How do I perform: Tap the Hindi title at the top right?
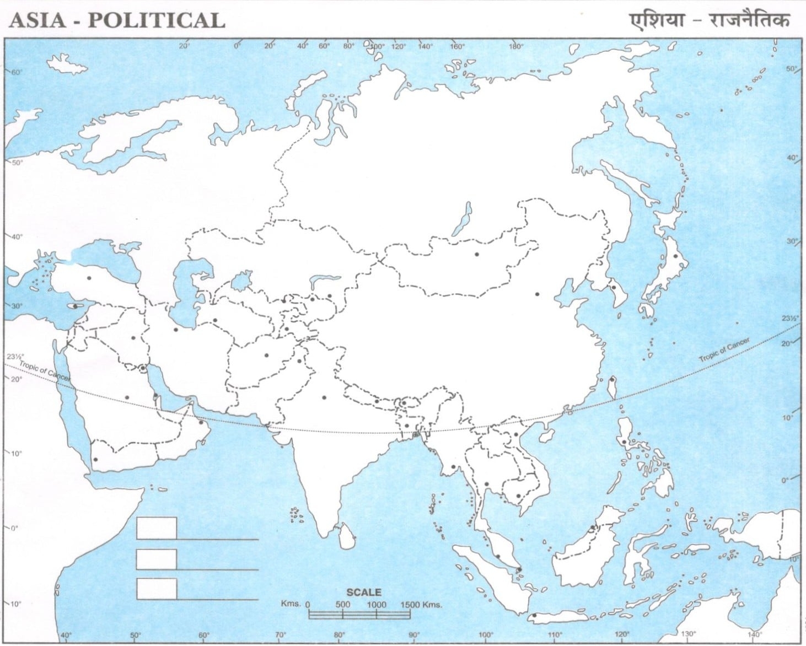click(x=710, y=20)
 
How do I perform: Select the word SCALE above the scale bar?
click(x=363, y=593)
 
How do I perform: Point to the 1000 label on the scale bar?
click(x=377, y=604)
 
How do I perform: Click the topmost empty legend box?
click(x=157, y=528)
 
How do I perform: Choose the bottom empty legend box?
click(x=157, y=589)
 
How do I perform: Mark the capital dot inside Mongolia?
click(x=477, y=254)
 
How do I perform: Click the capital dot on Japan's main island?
click(x=675, y=256)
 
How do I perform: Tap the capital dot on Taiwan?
click(x=612, y=379)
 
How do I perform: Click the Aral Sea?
click(x=241, y=281)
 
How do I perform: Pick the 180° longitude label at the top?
click(x=516, y=47)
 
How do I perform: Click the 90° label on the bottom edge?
click(x=414, y=634)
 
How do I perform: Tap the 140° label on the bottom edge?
click(x=755, y=634)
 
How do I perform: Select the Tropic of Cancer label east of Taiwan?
click(x=724, y=351)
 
